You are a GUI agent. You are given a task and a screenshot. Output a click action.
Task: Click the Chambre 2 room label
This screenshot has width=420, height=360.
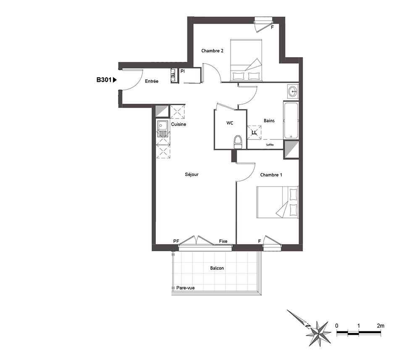pyautogui.click(x=212, y=51)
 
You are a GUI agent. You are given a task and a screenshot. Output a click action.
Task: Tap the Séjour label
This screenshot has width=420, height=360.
pyautogui.click(x=192, y=174)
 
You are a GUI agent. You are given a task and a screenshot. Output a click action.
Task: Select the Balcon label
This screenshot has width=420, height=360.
pyautogui.click(x=217, y=268)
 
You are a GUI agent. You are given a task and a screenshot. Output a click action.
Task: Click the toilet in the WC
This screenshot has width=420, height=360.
pyautogui.click(x=238, y=142)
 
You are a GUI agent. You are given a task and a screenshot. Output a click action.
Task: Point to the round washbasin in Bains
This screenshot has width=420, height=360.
pyautogui.click(x=293, y=92)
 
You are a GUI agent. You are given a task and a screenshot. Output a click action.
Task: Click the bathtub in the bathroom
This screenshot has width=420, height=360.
pyautogui.click(x=291, y=120)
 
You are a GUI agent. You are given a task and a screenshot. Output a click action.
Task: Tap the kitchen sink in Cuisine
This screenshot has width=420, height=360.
pyautogui.click(x=163, y=129)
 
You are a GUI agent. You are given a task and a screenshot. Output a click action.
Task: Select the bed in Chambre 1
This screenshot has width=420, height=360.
pyautogui.click(x=277, y=202)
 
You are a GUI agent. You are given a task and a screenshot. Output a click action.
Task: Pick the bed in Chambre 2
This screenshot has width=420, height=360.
pyautogui.click(x=246, y=60)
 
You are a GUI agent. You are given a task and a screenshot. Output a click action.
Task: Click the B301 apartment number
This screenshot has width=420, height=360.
pyautogui.click(x=104, y=79)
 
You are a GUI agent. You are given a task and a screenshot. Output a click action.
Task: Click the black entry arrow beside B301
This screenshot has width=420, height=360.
pyautogui.click(x=115, y=79)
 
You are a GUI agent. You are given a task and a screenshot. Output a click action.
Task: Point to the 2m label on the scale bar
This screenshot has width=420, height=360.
pyautogui.click(x=381, y=326)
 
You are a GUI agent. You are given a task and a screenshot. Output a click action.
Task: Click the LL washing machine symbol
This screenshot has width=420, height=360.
pyautogui.click(x=254, y=132)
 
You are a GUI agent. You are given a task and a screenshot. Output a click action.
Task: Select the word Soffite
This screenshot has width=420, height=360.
pyautogui.click(x=270, y=145)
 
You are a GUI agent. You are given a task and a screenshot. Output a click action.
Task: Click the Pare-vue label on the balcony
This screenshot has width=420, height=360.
pyautogui.click(x=185, y=288)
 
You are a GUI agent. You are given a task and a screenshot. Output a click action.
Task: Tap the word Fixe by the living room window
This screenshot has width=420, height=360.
pyautogui.click(x=223, y=241)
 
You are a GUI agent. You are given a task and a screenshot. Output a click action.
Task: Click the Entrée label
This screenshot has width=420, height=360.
pyautogui.click(x=152, y=81)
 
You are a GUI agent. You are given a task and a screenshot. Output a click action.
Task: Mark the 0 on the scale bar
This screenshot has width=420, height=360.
pyautogui.click(x=337, y=326)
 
